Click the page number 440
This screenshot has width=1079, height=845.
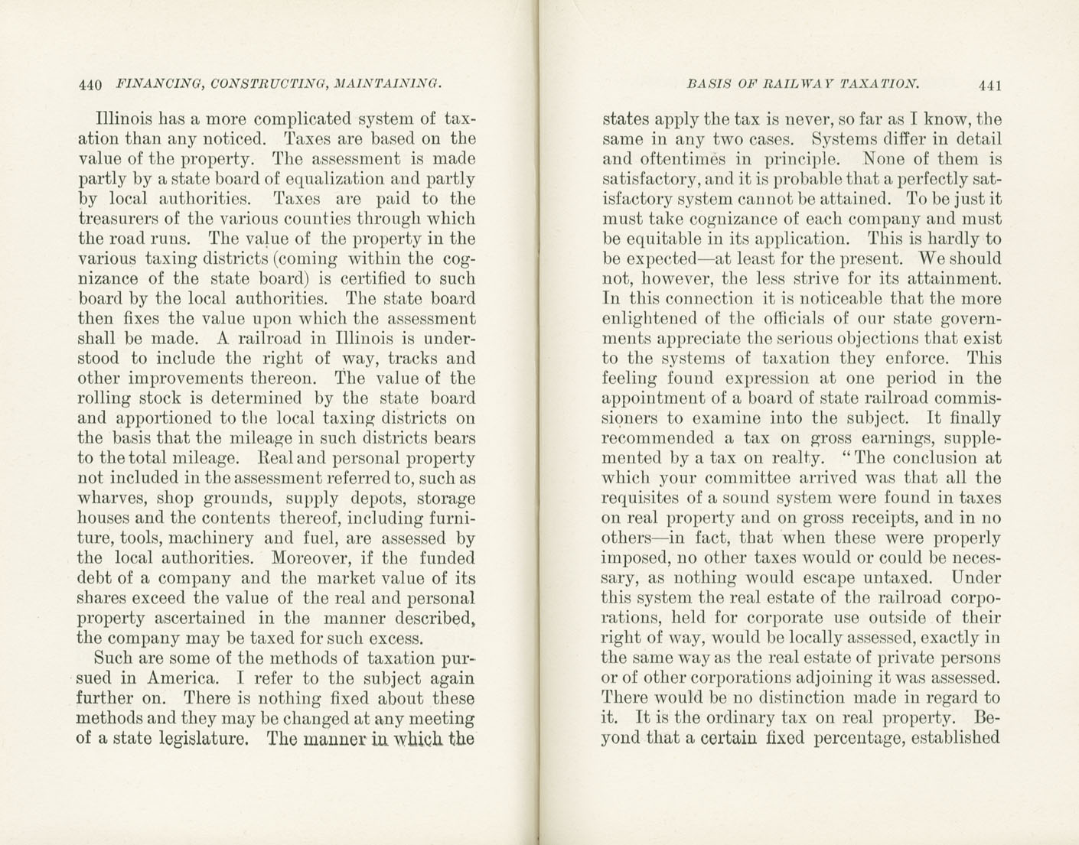90,85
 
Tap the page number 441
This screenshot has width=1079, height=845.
988,86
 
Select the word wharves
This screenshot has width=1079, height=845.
112,499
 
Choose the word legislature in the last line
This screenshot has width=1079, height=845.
203,739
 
